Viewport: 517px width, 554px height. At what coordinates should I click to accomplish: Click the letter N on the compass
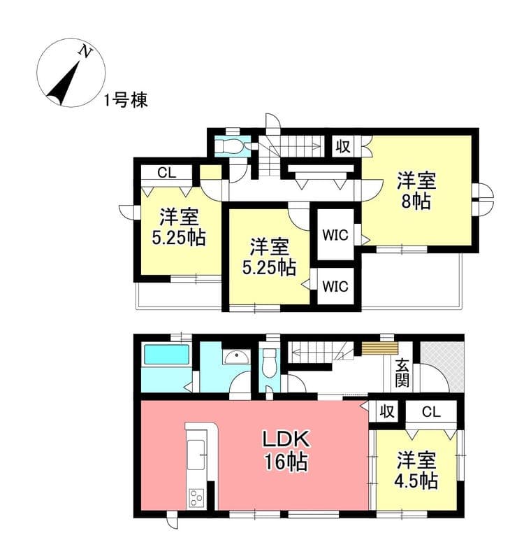click(85, 52)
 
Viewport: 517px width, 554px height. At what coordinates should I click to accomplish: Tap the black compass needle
click(64, 83)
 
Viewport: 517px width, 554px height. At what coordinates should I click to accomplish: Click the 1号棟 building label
click(126, 101)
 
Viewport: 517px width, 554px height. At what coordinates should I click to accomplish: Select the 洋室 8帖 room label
click(417, 191)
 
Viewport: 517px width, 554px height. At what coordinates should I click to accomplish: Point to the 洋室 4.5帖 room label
click(416, 470)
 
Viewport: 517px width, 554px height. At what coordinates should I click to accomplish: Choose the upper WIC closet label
click(335, 235)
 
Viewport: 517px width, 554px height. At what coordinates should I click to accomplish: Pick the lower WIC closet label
click(335, 286)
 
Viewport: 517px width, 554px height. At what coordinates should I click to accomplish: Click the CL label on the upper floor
click(166, 173)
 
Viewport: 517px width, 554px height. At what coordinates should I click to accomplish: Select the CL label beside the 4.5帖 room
click(431, 411)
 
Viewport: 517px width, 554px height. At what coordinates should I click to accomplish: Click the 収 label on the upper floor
click(343, 146)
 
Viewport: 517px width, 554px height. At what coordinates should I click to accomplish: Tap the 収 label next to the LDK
click(387, 411)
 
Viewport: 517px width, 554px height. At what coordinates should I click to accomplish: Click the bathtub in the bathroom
click(166, 355)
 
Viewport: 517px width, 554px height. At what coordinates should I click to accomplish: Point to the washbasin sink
click(236, 357)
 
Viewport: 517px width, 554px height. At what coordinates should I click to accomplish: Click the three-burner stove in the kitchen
click(196, 497)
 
